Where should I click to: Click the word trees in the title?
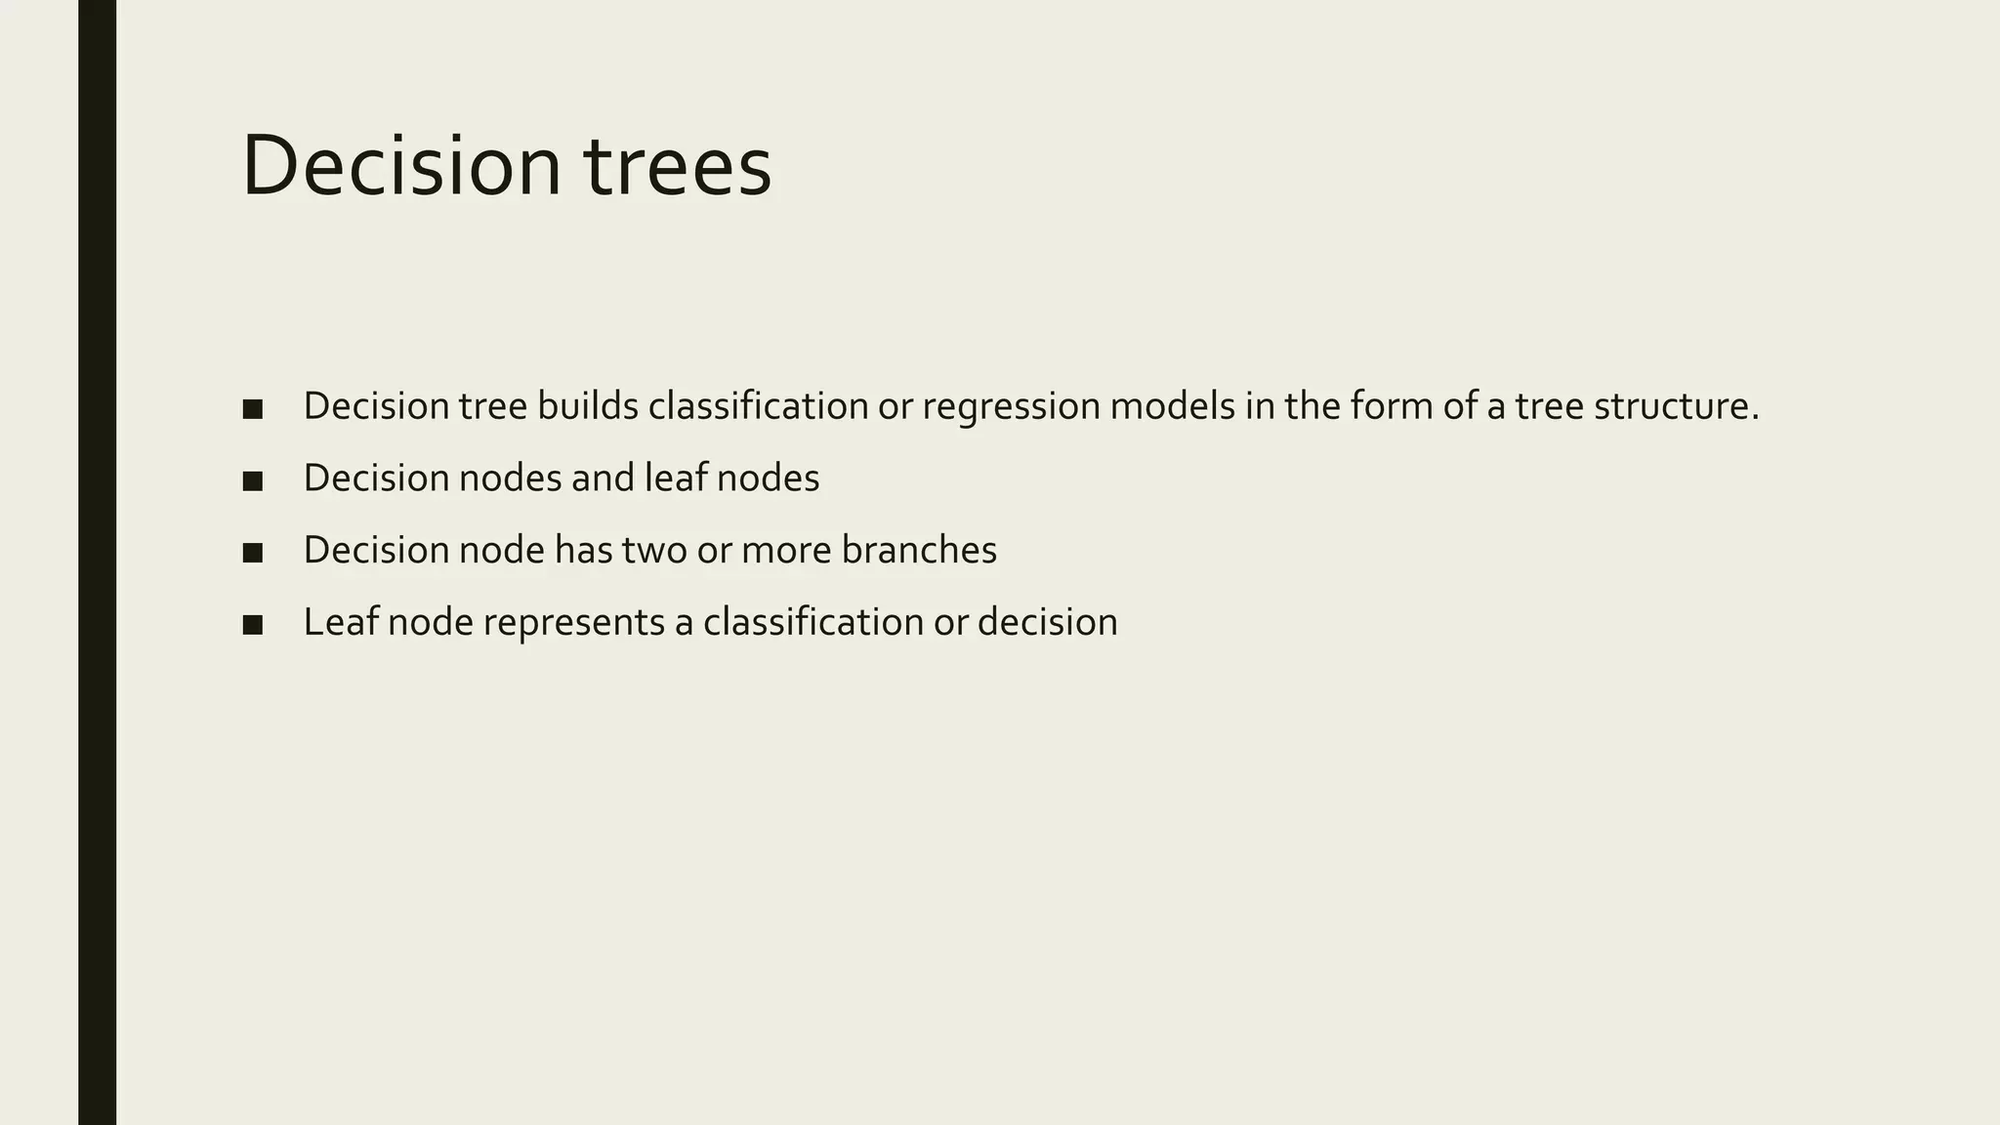coord(678,167)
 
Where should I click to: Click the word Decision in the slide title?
coord(401,167)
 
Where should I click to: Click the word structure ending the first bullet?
coord(1676,406)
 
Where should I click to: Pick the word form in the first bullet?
coord(1392,406)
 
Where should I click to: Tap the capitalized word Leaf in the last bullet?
coord(341,622)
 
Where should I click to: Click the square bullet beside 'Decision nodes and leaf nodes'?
coord(253,480)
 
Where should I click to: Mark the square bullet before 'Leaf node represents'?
coord(253,625)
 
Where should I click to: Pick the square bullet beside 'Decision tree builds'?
coord(253,409)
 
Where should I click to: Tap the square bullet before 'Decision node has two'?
coord(253,553)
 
